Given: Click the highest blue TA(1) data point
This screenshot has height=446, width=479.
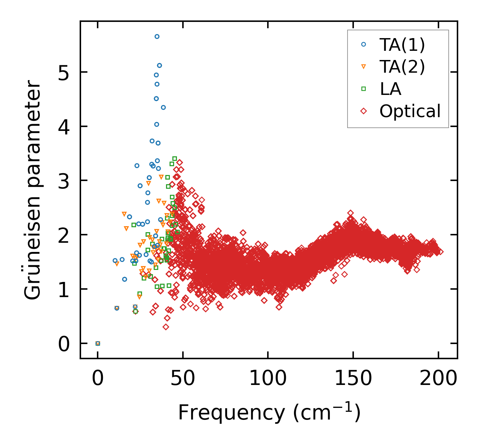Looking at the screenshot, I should [157, 36].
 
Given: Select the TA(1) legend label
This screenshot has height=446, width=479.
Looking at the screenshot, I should [402, 44].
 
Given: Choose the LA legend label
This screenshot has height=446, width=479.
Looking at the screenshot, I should [391, 89].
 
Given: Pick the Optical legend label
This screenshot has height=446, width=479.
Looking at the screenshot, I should [410, 111].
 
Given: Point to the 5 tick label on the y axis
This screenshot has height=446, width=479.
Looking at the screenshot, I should [64, 72].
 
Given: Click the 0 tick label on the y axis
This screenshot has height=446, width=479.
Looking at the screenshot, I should [64, 344].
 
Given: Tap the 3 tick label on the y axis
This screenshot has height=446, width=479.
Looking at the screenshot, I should [64, 181].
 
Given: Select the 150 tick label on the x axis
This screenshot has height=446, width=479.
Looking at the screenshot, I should [353, 379].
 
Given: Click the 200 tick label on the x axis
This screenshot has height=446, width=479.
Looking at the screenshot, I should [438, 379].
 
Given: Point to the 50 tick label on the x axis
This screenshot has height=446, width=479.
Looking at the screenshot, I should [183, 379].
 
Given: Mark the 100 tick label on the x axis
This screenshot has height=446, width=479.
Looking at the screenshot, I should [268, 379].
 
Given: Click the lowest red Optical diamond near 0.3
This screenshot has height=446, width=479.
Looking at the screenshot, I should [166, 327].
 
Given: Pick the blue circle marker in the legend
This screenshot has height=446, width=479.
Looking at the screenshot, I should [364, 44].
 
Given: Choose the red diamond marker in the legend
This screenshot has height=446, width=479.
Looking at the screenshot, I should [364, 111].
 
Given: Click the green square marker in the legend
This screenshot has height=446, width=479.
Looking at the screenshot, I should [364, 89].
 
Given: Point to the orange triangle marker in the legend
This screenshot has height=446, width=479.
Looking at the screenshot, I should [364, 67].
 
